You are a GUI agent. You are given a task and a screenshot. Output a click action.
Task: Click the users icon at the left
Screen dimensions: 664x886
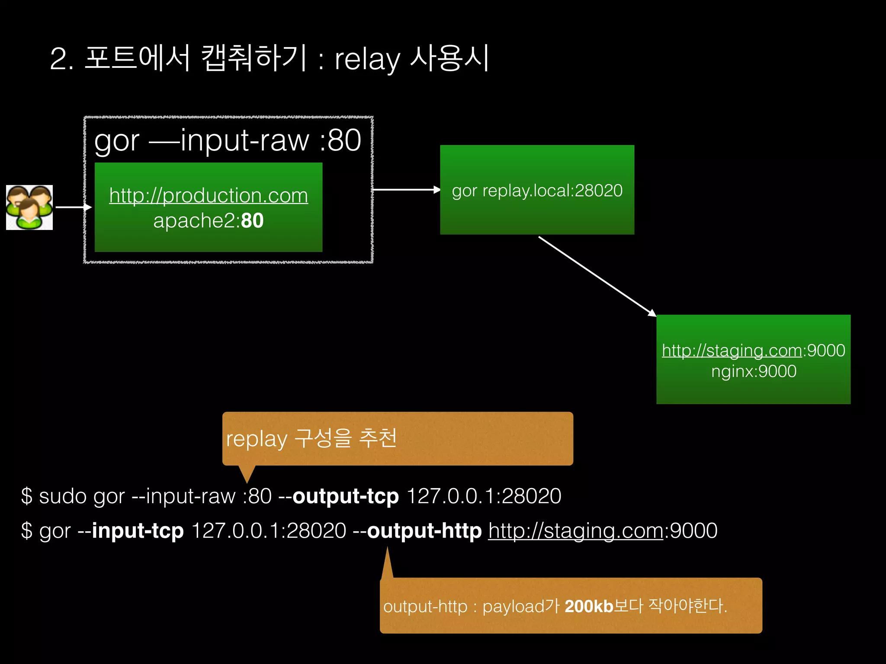[29, 207]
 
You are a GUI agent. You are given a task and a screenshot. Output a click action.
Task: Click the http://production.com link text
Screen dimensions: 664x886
[209, 195]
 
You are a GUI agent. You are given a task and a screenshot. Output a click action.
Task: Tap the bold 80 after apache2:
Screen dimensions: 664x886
[252, 221]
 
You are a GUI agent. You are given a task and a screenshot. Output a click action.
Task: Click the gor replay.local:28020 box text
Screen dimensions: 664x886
[537, 191]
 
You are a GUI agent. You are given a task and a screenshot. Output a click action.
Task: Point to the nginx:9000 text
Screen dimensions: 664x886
[754, 371]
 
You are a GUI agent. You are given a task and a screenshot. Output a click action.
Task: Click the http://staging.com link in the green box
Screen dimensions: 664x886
[732, 350]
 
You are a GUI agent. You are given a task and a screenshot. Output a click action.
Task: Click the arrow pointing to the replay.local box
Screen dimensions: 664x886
[406, 190]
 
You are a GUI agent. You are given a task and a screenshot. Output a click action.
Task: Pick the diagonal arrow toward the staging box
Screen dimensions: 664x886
[597, 276]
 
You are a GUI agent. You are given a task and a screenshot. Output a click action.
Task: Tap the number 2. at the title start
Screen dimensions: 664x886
[61, 59]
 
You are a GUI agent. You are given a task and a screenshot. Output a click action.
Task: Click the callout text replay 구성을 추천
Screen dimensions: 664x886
[311, 438]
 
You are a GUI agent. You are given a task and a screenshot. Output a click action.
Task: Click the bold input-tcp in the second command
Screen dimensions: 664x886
[138, 530]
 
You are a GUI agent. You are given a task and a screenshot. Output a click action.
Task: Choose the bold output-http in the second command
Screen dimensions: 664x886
[424, 530]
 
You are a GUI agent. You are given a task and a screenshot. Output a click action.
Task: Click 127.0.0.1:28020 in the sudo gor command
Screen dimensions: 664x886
[484, 496]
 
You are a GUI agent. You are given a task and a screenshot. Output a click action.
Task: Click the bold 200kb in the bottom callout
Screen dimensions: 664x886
[589, 606]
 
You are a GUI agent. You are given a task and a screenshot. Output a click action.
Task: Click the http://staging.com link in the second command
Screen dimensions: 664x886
[575, 530]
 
